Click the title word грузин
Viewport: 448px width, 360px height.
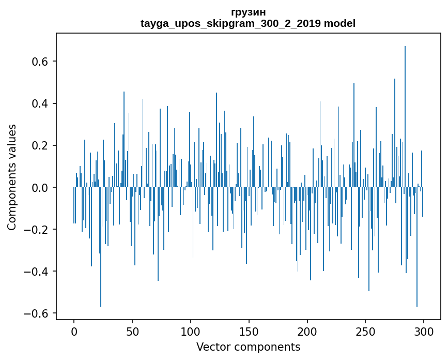248,12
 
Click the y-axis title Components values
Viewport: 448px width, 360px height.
12,177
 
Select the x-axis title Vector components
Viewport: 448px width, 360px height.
248,347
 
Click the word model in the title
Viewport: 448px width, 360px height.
339,23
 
